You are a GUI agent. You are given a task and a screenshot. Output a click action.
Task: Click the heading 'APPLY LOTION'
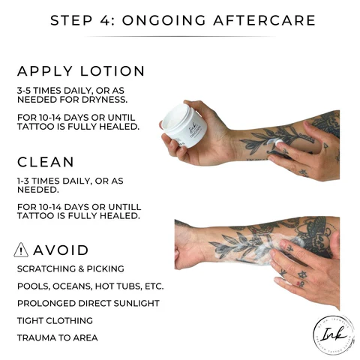pos(81,71)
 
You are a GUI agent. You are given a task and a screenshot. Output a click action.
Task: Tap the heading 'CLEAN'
pos(46,160)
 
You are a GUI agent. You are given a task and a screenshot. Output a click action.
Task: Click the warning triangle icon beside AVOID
pos(22,250)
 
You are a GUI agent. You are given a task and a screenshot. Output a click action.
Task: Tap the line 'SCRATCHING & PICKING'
pos(70,268)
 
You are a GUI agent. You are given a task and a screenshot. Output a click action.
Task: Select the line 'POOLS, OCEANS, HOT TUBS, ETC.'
pos(89,286)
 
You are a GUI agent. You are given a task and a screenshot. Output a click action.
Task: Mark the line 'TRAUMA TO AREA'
pos(57,337)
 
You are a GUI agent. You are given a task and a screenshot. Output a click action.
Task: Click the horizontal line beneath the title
pos(180,36)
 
